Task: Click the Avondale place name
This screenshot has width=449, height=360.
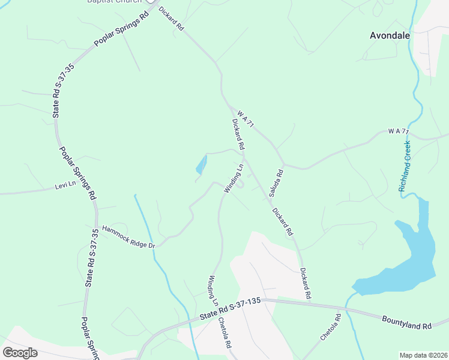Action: pyautogui.click(x=390, y=35)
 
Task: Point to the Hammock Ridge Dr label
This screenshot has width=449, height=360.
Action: pyautogui.click(x=128, y=237)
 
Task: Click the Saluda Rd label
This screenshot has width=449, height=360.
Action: pyautogui.click(x=276, y=183)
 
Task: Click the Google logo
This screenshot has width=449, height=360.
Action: pyautogui.click(x=20, y=353)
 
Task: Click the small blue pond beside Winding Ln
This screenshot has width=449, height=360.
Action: pyautogui.click(x=201, y=164)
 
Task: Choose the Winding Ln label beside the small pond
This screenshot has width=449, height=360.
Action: pyautogui.click(x=234, y=178)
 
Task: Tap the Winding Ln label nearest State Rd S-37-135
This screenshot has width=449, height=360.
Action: pyautogui.click(x=214, y=290)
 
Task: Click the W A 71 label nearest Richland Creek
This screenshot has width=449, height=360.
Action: pyautogui.click(x=398, y=131)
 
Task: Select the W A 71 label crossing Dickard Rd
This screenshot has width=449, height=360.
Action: pyautogui.click(x=246, y=118)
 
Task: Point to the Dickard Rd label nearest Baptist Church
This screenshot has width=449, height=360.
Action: pyautogui.click(x=170, y=19)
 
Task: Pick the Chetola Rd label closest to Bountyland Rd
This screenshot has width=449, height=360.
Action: pyautogui.click(x=330, y=327)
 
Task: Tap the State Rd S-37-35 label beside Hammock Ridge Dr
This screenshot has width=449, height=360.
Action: pyautogui.click(x=91, y=258)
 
